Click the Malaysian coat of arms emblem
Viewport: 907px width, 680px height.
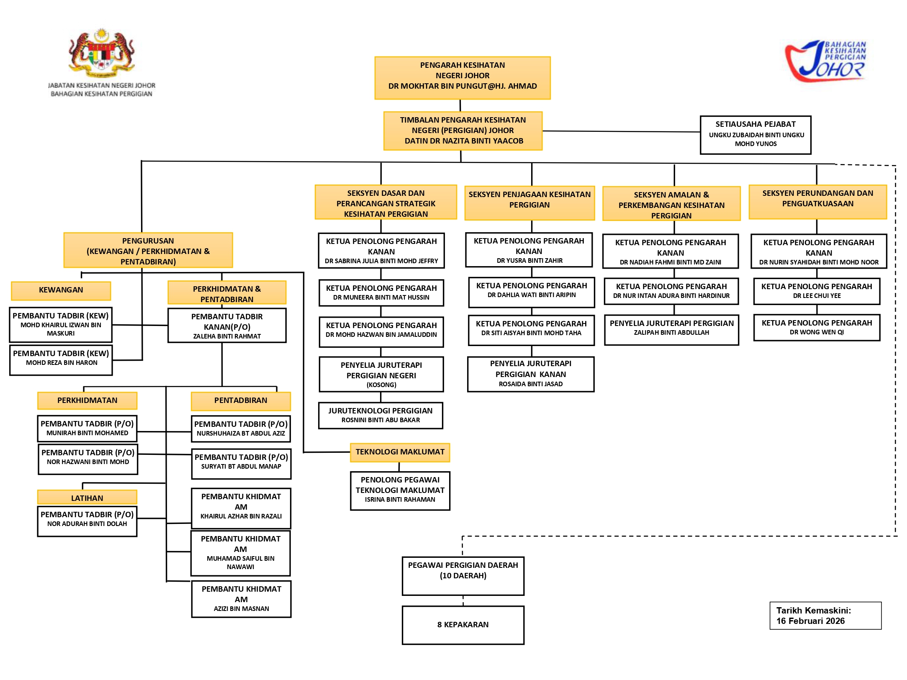(x=102, y=52)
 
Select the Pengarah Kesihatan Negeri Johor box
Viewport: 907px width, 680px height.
(x=462, y=78)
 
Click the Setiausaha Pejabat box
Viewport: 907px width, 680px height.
(x=755, y=135)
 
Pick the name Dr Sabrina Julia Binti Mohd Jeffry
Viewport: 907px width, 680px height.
(x=381, y=261)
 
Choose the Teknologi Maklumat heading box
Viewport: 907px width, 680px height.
(x=400, y=452)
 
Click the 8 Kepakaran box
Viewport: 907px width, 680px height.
(x=462, y=625)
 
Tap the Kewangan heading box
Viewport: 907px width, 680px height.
(x=61, y=290)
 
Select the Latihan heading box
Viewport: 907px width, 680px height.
(x=87, y=498)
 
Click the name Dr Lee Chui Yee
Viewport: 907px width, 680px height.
(x=817, y=296)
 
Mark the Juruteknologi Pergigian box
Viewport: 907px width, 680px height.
(x=380, y=415)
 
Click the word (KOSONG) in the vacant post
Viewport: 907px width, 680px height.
(x=381, y=385)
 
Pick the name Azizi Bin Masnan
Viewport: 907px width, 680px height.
(x=241, y=609)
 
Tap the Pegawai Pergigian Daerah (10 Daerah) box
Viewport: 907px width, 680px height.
(x=462, y=575)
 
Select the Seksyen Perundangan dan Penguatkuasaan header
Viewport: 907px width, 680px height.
(x=817, y=202)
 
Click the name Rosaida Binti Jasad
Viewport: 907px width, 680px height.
(x=530, y=384)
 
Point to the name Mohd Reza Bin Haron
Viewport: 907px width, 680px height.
(x=62, y=363)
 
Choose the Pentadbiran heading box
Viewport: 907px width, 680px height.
(x=241, y=401)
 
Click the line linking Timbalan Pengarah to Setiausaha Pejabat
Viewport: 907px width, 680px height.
(x=621, y=131)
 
